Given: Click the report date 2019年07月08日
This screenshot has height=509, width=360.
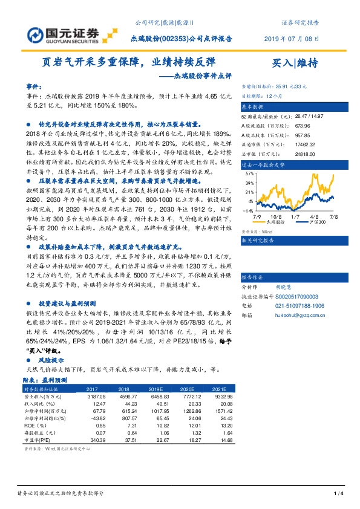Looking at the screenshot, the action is click(291, 38).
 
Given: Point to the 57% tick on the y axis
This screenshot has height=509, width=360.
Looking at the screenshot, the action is click(249, 173).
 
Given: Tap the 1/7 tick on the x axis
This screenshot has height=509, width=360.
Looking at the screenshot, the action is click(295, 216).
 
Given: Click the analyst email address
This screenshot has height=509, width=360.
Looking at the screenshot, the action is click(301, 315).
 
